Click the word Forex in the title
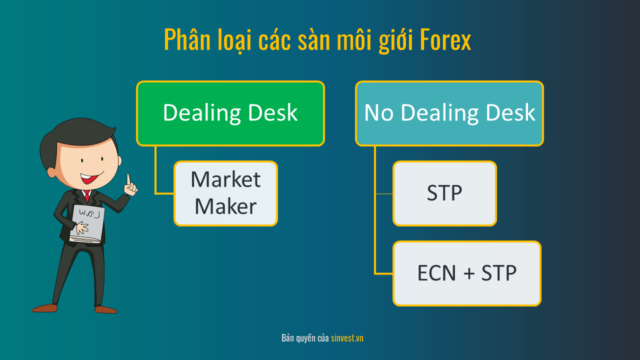pos(445,39)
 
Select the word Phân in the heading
pos(187,39)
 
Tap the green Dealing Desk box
pos(230,113)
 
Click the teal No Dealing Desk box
pos(449,113)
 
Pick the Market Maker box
pos(225,193)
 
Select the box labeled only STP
pos(444,193)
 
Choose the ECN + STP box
pos(467,273)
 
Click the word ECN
pos(436,273)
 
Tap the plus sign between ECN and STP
pos(469,273)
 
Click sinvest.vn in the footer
pos(347,338)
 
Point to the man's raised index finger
pos(128,180)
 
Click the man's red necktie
pos(87,196)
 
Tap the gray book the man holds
pos(87,224)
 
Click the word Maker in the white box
pos(225,206)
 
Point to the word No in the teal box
pos(378,112)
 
